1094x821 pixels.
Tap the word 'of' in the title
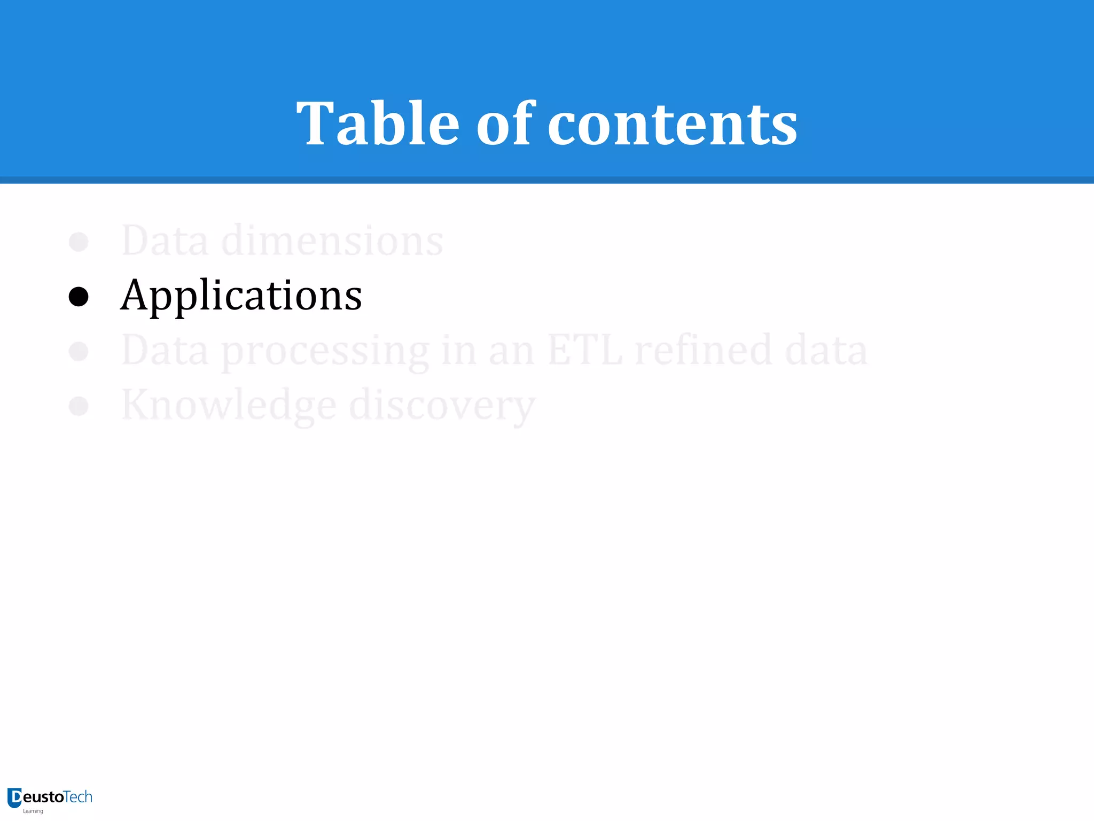click(x=504, y=124)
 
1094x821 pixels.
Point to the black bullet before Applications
click(x=79, y=297)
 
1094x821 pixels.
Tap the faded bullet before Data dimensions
click(x=79, y=242)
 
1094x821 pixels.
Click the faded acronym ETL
click(x=585, y=350)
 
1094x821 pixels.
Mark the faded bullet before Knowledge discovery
click(x=79, y=406)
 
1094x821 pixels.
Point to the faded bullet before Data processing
click(x=79, y=351)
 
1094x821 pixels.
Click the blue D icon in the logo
click(x=14, y=797)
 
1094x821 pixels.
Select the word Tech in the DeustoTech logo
click(x=78, y=797)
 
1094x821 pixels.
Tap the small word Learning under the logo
click(x=33, y=811)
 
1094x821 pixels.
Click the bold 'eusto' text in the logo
click(x=43, y=797)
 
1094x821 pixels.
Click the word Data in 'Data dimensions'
click(x=165, y=241)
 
